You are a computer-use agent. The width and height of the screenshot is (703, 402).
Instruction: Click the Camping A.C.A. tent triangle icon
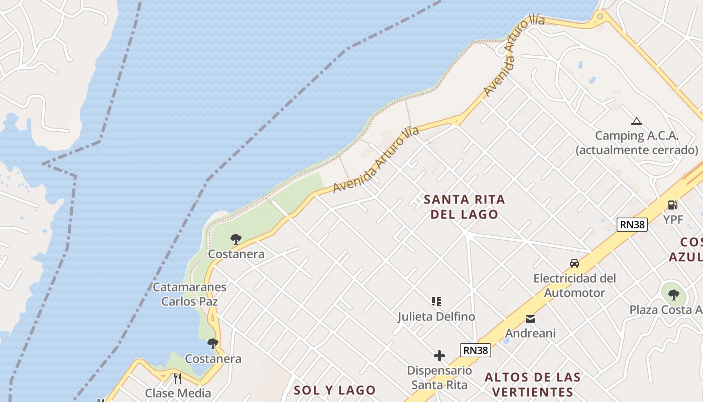(637, 121)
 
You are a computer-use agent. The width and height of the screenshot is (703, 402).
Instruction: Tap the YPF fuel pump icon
(672, 205)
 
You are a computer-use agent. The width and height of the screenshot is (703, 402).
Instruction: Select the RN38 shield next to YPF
(632, 225)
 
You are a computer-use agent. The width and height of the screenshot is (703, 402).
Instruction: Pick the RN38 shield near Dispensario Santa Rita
(475, 350)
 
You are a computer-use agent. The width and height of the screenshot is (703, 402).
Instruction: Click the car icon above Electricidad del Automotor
(574, 263)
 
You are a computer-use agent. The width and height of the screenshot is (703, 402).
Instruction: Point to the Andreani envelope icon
(530, 319)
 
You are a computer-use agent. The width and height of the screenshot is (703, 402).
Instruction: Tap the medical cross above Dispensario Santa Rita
(439, 356)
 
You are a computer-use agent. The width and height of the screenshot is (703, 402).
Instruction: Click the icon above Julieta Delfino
(436, 301)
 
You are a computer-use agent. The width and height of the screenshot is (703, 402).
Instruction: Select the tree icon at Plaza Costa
(673, 294)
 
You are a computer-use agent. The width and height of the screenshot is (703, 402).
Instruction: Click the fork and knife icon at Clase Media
(177, 378)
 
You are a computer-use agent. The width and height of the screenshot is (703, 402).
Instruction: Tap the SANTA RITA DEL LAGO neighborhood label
(464, 207)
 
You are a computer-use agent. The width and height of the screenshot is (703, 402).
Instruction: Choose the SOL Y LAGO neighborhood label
(334, 390)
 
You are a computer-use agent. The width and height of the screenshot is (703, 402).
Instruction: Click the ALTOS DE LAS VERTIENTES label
(533, 384)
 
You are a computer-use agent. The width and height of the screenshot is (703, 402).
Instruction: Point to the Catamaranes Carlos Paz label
(189, 294)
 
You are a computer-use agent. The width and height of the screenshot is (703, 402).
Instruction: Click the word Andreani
(530, 333)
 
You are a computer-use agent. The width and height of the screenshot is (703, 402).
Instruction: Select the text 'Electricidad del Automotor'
(574, 285)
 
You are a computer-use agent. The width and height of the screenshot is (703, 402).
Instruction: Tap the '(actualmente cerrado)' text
(637, 150)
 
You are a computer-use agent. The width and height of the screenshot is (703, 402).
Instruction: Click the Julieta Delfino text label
(436, 317)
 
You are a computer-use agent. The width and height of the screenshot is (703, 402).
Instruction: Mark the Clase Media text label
(178, 393)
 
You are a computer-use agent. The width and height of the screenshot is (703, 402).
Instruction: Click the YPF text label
(673, 220)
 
